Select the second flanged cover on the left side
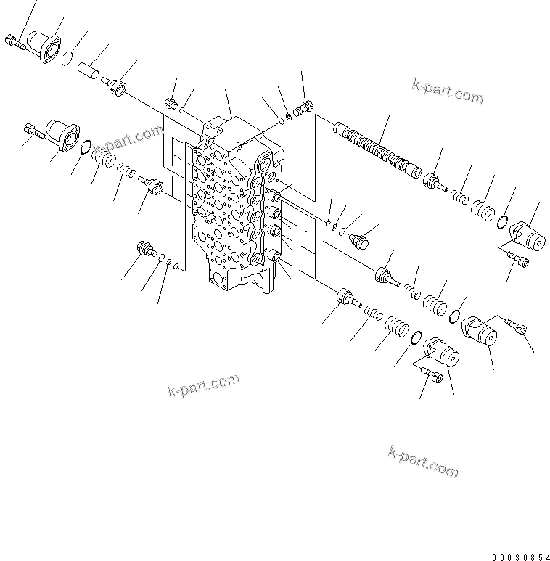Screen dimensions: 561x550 pos(62,135)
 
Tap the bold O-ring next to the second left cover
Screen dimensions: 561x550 pos(85,148)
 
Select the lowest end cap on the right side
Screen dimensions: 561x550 pos(440,353)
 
